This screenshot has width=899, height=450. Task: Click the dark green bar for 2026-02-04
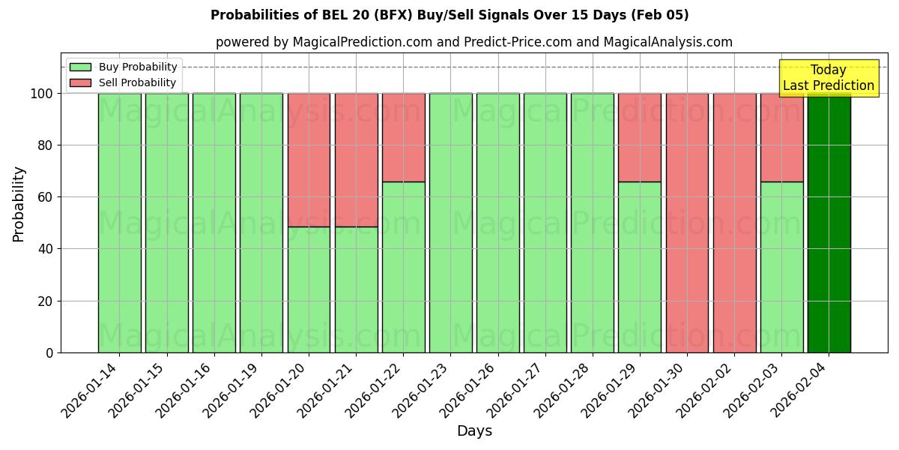coord(829,225)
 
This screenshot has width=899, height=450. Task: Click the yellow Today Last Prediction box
coord(828,78)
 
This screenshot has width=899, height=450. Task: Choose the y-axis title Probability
coord(19,204)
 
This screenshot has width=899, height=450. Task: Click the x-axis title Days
coord(474,431)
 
